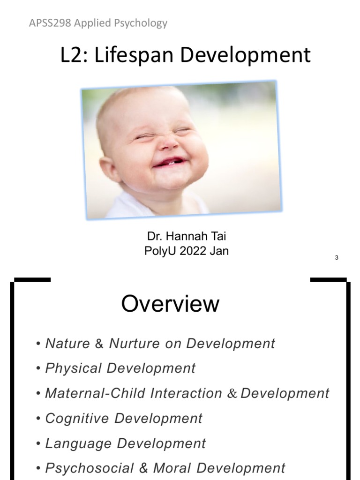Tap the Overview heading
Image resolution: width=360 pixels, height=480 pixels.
pyautogui.click(x=170, y=304)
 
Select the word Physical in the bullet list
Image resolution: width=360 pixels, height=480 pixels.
pyautogui.click(x=74, y=368)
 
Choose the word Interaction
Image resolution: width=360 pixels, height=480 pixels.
pyautogui.click(x=186, y=393)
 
